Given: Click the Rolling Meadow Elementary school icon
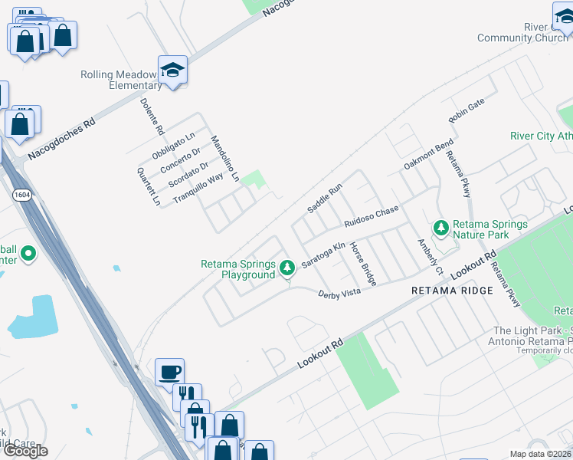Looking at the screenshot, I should coord(173,70).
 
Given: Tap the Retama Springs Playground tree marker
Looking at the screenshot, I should coord(287,268).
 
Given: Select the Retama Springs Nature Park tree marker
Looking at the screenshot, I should coord(440,228).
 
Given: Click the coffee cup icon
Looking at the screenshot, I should coord(169,373).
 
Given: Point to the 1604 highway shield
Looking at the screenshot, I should coord(21,195).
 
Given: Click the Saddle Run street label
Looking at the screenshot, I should coord(324,199).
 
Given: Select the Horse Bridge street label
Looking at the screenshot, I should coord(363,264).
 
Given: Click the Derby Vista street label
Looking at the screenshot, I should coord(339,293).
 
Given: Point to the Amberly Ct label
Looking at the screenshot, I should coord(430,256).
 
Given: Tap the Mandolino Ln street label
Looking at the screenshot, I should coord(225,158).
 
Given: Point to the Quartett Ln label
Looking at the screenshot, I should coord(148,187).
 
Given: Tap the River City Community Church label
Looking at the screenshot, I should coord(522,32).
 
